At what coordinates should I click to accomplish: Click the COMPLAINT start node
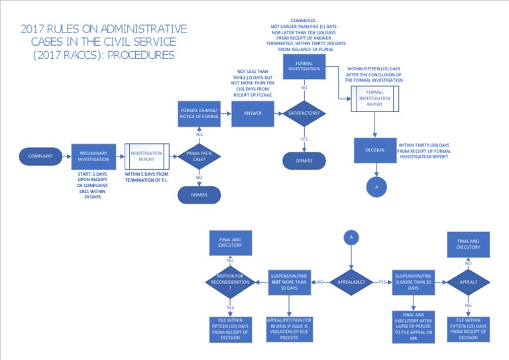click(x=41, y=156)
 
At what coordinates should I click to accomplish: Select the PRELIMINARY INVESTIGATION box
click(x=93, y=156)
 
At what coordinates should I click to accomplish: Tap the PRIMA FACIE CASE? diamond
click(x=199, y=156)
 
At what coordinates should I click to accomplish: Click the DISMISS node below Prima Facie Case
click(x=199, y=194)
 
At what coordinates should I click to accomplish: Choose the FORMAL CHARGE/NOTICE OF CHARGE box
click(x=199, y=113)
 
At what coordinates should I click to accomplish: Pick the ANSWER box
click(x=253, y=113)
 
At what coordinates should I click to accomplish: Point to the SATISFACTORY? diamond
click(x=304, y=113)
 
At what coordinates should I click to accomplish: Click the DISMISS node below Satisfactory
click(x=304, y=160)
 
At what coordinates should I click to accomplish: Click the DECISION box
click(x=374, y=150)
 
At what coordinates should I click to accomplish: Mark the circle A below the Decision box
click(x=376, y=187)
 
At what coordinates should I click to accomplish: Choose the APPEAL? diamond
click(x=468, y=282)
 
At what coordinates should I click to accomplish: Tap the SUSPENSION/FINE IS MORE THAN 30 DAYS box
click(x=414, y=282)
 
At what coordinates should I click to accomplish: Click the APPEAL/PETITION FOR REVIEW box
click(x=290, y=329)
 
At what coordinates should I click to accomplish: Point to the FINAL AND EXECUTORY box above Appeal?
click(x=468, y=243)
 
